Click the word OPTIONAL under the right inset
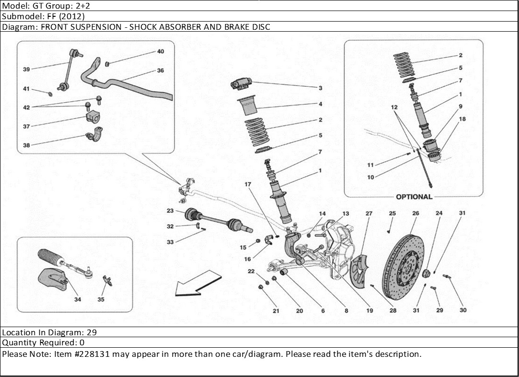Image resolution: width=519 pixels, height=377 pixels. pos(414,197)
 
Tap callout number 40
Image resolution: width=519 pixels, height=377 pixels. pos(161,51)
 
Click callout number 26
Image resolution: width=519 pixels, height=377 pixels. pos(415,213)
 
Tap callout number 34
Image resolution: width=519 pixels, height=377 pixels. pos(78,299)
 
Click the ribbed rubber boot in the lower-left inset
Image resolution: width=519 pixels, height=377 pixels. pos(50,257)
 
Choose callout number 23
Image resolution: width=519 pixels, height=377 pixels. pos(170,211)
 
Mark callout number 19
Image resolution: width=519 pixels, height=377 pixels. pos(369,311)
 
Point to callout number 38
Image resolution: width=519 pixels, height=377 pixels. pos(26,145)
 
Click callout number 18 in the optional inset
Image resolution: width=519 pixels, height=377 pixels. pos(462,118)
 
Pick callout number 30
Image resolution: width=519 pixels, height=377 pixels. pos(462,310)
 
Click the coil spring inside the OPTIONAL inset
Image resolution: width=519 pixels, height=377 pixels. pos(404,65)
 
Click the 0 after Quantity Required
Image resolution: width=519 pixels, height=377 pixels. pos(82,343)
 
